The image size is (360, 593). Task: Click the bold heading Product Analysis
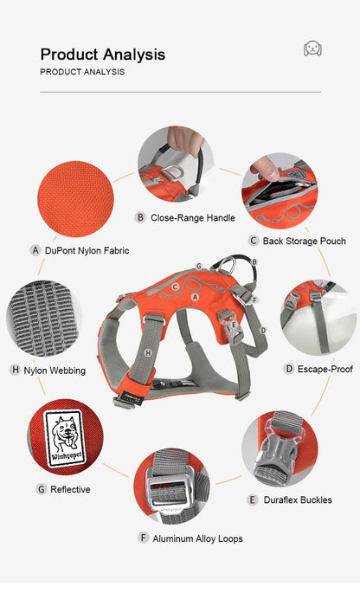click(102, 55)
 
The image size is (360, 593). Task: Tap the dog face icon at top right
click(312, 48)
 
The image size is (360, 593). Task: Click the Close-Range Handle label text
click(192, 217)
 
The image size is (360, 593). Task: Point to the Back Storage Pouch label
click(304, 241)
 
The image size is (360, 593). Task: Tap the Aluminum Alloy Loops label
click(197, 538)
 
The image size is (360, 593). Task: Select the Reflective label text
click(70, 489)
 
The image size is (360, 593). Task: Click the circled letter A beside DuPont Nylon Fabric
click(35, 250)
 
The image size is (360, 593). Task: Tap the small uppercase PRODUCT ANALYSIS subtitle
click(82, 72)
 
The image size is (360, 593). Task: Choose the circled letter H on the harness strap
click(149, 352)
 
